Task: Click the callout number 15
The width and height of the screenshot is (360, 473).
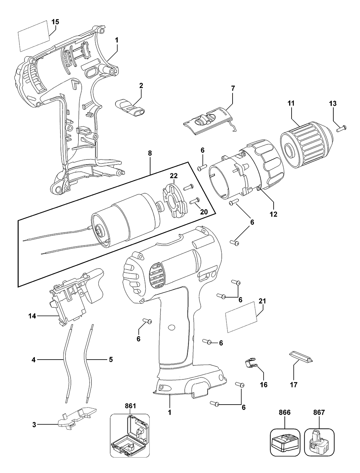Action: click(55, 22)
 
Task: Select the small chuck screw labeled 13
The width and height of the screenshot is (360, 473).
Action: click(341, 126)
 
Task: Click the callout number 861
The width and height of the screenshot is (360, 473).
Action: click(130, 406)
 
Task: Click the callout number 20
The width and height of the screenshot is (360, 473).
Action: click(204, 212)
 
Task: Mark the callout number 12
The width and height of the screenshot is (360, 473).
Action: click(274, 214)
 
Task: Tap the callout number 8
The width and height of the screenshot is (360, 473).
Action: click(150, 153)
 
